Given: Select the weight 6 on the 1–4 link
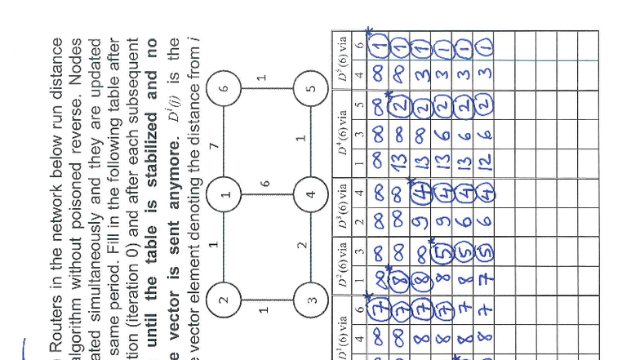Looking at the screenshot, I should pos(265,184).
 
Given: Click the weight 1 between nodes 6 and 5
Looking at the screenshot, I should pos(261,78).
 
